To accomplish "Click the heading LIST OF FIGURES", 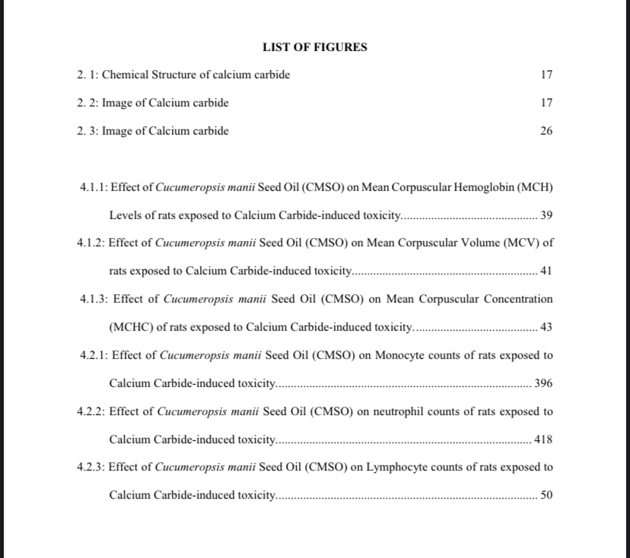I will pyautogui.click(x=314, y=47).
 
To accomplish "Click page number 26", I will pyautogui.click(x=546, y=131).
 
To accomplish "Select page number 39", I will pyautogui.click(x=546, y=215).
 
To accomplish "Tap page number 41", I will pyautogui.click(x=546, y=271).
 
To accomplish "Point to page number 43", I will pyautogui.click(x=546, y=327).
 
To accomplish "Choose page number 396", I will pyautogui.click(x=543, y=383).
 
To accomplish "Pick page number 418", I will pyautogui.click(x=543, y=439).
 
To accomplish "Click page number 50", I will pyautogui.click(x=546, y=495).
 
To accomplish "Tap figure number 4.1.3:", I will pyautogui.click(x=94, y=299).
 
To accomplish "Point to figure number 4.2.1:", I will pyautogui.click(x=94, y=355).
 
